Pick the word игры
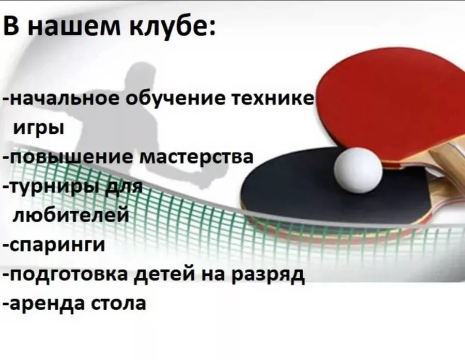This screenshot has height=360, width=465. pyautogui.click(x=39, y=129)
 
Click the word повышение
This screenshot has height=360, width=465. pyautogui.click(x=71, y=157)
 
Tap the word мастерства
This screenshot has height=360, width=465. pyautogui.click(x=196, y=157)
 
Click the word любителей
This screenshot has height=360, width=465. pyautogui.click(x=71, y=214)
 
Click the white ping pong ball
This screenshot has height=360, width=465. pyautogui.click(x=358, y=170)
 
